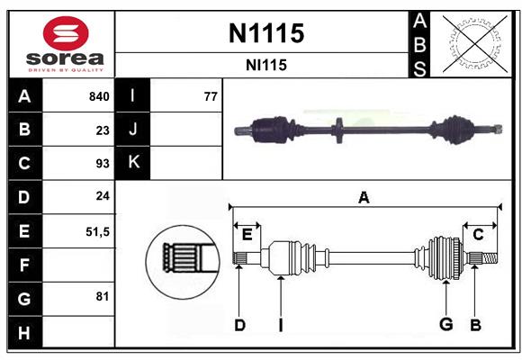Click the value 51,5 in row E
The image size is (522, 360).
click(97, 231)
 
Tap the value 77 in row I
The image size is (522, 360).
click(211, 96)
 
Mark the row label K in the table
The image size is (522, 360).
click(133, 163)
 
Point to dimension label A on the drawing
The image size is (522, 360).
click(364, 198)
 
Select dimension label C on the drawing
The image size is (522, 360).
click(479, 235)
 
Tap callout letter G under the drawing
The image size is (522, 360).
click(445, 325)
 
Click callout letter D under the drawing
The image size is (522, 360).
click(239, 325)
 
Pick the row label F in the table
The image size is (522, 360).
click(24, 265)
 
